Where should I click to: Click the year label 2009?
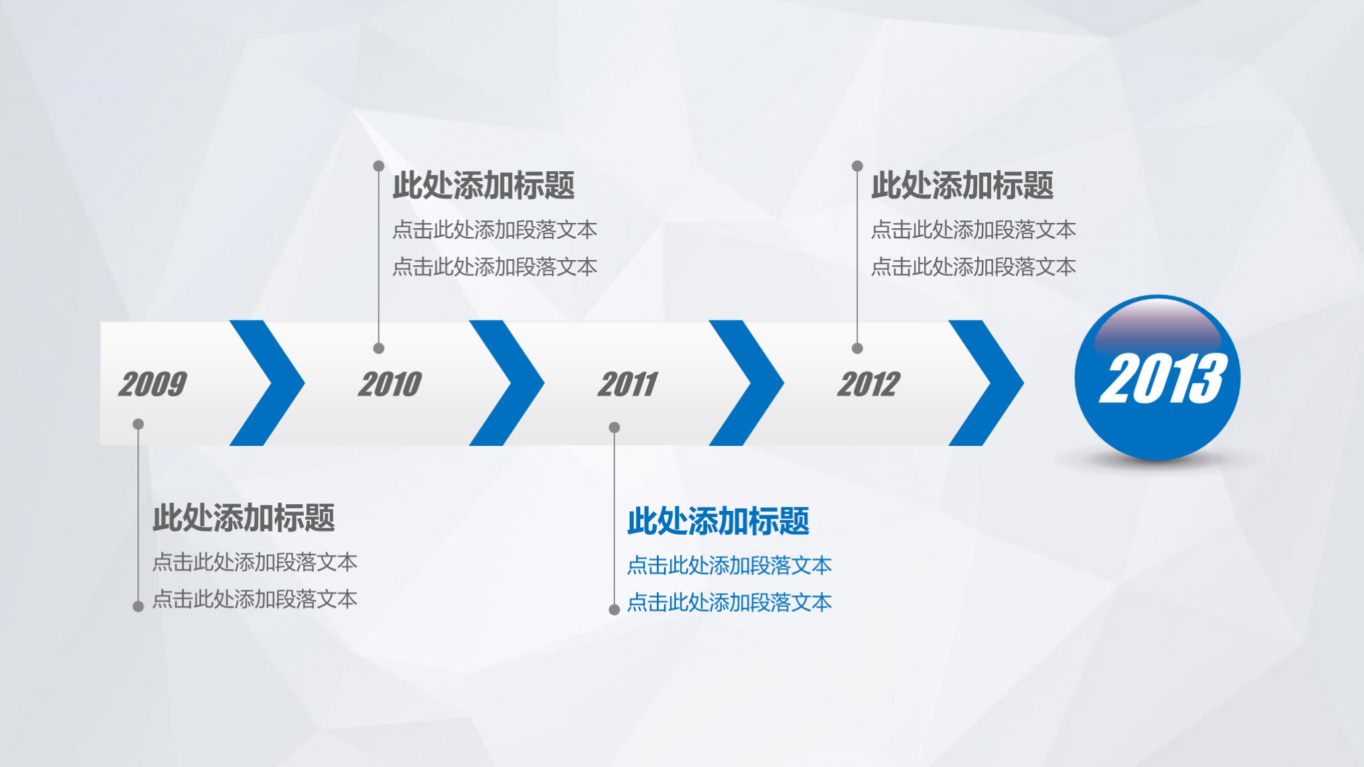(153, 384)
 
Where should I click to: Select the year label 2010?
(390, 384)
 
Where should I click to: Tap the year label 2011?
(628, 384)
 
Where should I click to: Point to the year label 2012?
(868, 384)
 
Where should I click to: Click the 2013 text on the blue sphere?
(1163, 378)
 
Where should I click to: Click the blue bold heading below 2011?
(718, 521)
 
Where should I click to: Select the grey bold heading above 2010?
(483, 185)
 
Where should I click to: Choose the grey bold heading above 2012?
(962, 185)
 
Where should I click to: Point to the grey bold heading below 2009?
(243, 518)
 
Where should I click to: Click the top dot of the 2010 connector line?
(379, 165)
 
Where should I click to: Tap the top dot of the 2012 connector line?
(857, 165)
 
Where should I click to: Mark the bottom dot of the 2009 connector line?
(138, 606)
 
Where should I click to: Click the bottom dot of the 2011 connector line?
(614, 610)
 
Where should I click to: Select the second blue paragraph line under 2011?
(729, 602)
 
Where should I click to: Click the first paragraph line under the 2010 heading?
(494, 230)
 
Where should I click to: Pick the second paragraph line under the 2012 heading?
(973, 267)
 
